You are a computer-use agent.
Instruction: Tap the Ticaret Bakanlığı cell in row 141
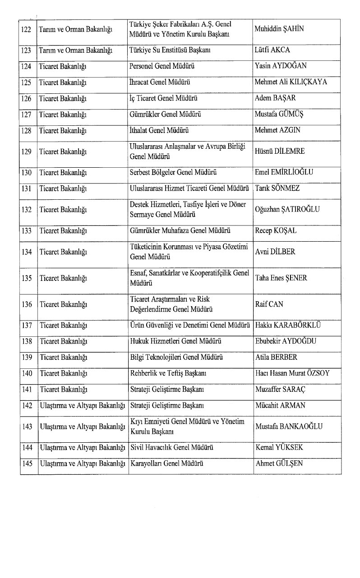coord(63,389)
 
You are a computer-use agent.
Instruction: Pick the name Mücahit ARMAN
coord(280,405)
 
